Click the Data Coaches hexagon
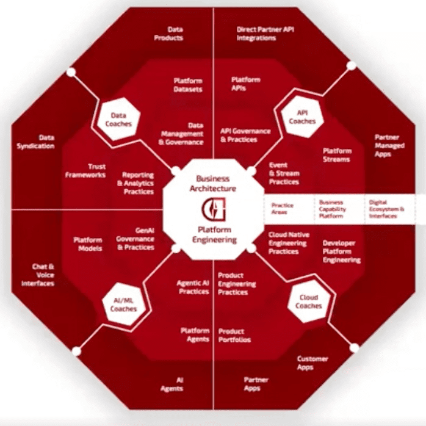click(x=118, y=118)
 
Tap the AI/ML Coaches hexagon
click(x=123, y=305)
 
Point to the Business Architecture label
click(x=212, y=184)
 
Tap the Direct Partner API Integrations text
click(x=265, y=33)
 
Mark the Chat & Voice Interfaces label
click(x=38, y=275)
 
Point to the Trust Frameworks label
click(x=85, y=170)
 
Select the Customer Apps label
click(x=312, y=363)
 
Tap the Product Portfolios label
click(x=234, y=335)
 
